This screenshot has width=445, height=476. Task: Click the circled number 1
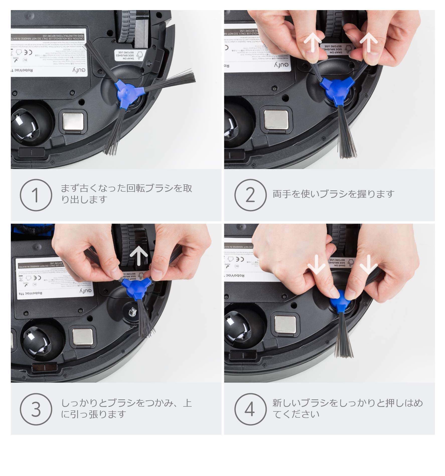pos(36,195)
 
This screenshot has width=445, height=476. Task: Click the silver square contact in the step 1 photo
pos(73,121)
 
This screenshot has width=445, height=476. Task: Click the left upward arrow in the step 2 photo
pos(312,43)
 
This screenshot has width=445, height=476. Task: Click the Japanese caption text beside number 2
pos(333,194)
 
